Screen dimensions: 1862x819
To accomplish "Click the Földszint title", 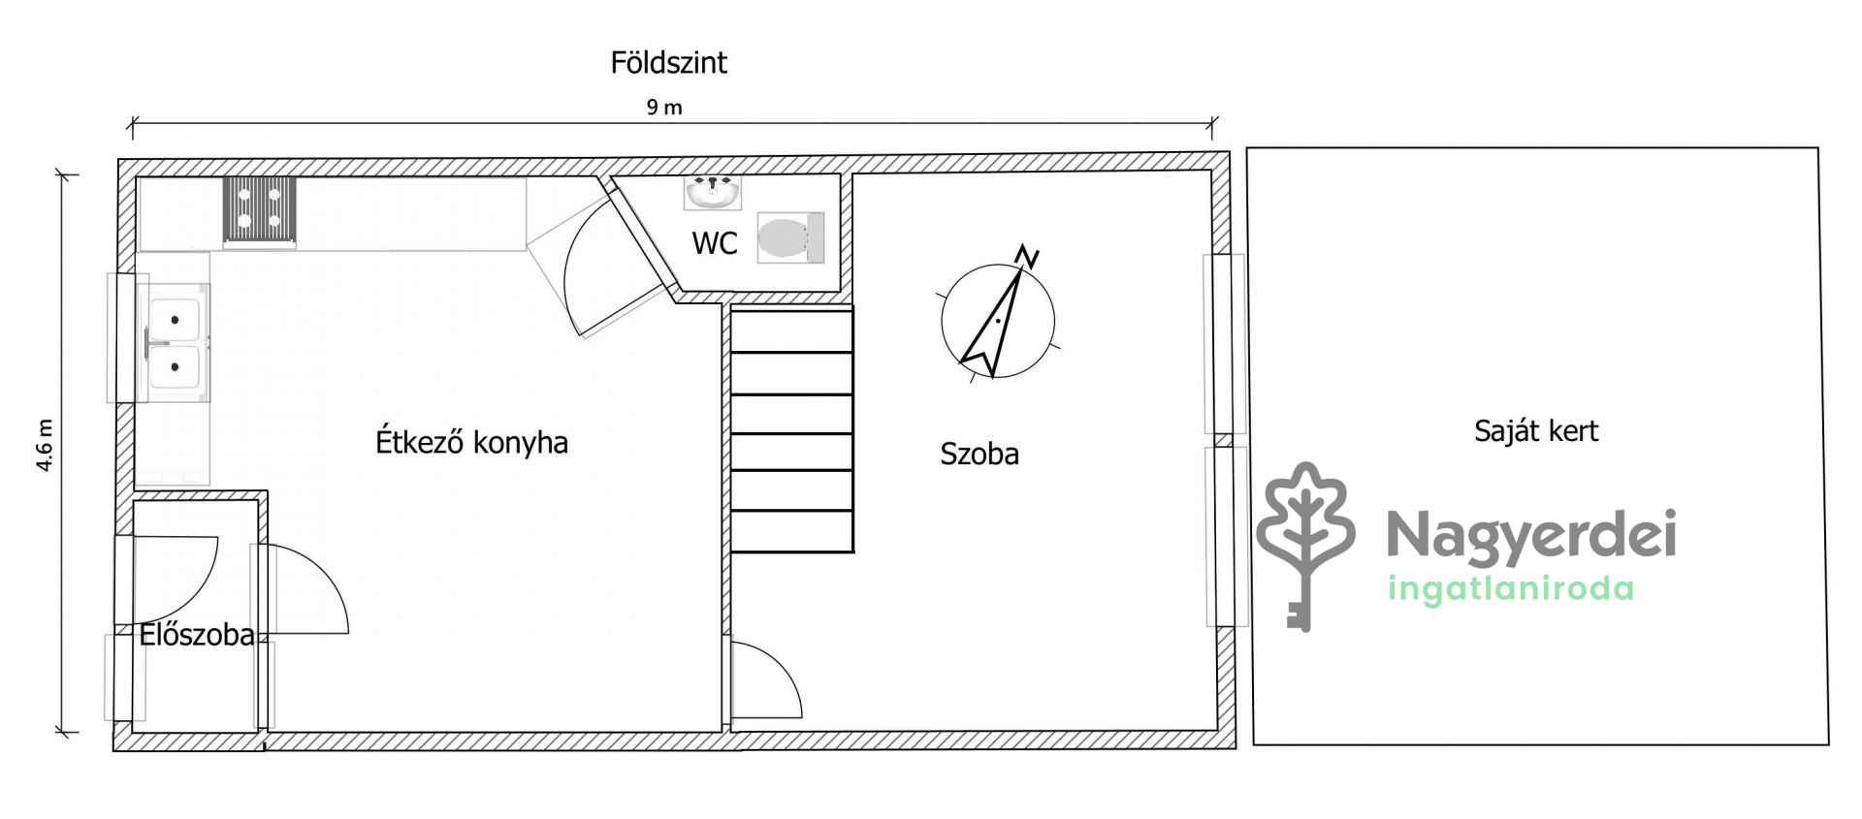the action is click(x=668, y=63).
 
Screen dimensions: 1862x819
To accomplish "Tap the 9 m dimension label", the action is click(x=664, y=108).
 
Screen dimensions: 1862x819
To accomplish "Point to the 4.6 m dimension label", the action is click(x=45, y=446).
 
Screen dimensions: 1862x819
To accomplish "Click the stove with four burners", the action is click(x=260, y=209).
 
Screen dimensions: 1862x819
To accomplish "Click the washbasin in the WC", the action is click(x=713, y=193).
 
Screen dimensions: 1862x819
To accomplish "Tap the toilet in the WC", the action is click(x=790, y=237).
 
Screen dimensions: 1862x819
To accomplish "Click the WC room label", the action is click(x=715, y=243).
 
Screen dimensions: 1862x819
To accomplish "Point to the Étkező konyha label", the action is click(x=471, y=442).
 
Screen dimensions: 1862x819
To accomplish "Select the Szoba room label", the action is click(x=979, y=454).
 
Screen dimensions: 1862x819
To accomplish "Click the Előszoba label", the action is click(x=197, y=635).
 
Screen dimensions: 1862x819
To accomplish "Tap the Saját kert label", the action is click(x=1536, y=430).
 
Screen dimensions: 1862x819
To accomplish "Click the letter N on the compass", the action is click(x=1027, y=257).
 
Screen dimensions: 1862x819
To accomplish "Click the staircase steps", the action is click(x=791, y=429).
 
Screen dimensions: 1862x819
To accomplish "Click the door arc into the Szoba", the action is click(x=782, y=666).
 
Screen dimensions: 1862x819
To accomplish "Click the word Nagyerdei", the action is click(x=1531, y=536).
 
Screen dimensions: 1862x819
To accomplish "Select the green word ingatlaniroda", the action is click(x=1511, y=588).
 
